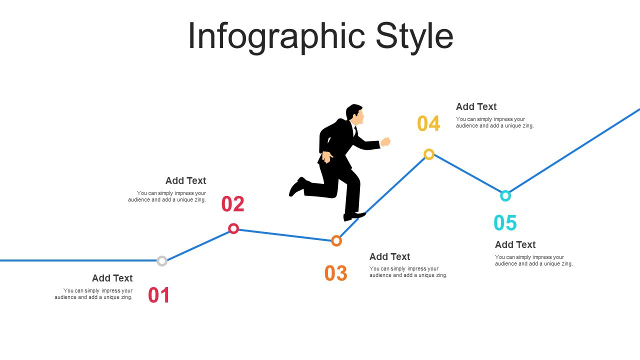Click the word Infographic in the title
[276, 37]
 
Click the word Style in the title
[414, 37]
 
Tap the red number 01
[159, 295]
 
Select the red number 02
[233, 204]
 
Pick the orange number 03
[336, 273]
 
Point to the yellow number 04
[428, 123]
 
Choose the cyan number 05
[505, 223]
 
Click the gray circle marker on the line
[162, 256]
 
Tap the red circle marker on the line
[233, 223]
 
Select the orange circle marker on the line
[336, 236]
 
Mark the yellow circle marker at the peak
[429, 149]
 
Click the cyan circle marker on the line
[505, 190]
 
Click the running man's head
[355, 113]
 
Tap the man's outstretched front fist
[385, 141]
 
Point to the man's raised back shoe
[297, 187]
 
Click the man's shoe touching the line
[354, 216]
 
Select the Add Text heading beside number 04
[476, 106]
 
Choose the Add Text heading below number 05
[515, 244]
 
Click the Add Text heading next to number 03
[389, 256]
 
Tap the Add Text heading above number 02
[185, 180]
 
